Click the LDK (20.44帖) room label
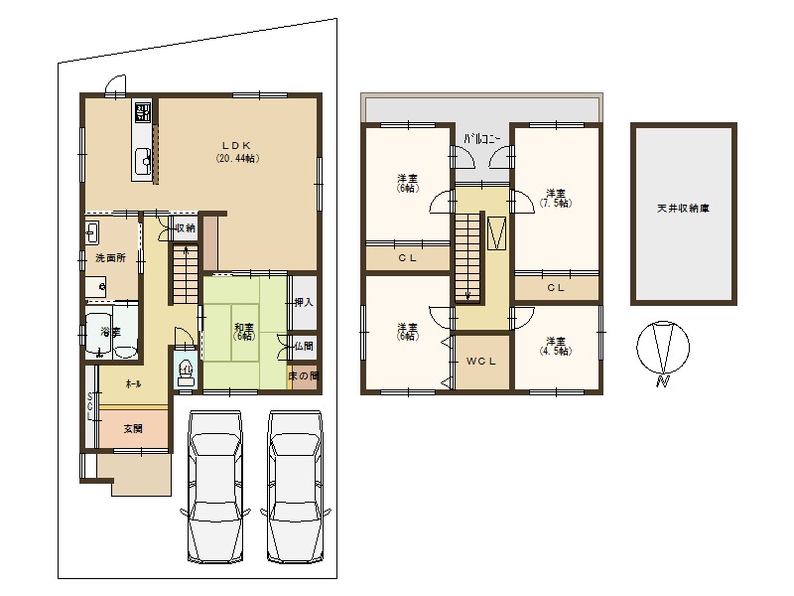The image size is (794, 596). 238,152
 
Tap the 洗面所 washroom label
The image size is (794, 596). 110,257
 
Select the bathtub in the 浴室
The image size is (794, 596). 98,333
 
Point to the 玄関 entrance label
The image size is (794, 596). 133,429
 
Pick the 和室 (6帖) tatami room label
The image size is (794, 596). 244,331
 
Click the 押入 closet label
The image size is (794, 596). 304,303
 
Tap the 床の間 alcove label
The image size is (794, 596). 304,376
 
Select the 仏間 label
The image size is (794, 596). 304,347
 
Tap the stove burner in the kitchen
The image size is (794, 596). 142,111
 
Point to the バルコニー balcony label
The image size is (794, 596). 481,139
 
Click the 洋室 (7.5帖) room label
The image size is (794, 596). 556,198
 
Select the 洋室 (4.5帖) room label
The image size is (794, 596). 556,346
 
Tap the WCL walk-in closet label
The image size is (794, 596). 481,362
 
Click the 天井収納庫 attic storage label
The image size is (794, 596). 683,209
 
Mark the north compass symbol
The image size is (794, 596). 663,351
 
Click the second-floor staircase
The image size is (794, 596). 466,257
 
